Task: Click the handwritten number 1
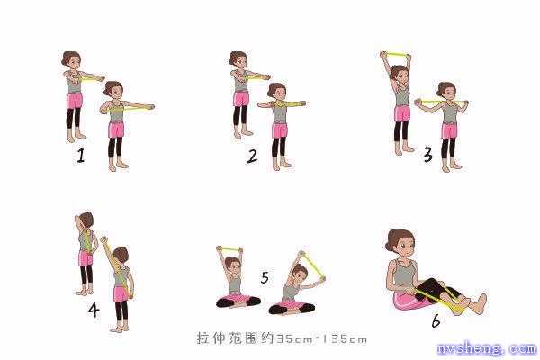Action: pos(81,155)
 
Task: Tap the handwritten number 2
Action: pos(252,157)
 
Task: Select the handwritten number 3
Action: pos(427,154)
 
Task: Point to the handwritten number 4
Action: pos(94,310)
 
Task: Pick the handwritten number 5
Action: pos(265,278)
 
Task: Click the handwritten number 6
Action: pos(436,321)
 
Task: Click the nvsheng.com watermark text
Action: pos(488,348)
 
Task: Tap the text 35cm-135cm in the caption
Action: pos(321,339)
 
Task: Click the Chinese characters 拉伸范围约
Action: pos(236,338)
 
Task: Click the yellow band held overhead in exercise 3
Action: pos(396,54)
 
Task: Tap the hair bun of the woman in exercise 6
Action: pos(389,247)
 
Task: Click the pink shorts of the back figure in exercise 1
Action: pos(75,101)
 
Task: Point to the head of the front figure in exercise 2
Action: pos(276,92)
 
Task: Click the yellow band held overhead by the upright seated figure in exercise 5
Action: pos(229,248)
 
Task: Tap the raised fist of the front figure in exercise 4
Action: pos(103,239)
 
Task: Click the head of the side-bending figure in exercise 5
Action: pos(299,272)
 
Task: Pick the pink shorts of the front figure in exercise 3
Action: pos(449,130)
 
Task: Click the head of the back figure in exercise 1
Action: pos(71,60)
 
